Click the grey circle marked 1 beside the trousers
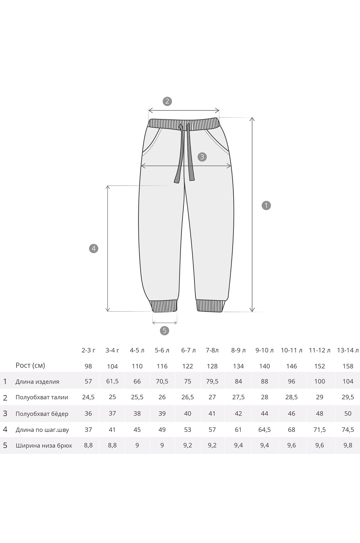click(266, 205)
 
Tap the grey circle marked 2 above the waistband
click(167, 101)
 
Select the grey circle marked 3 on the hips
click(202, 157)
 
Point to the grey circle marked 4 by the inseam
click(94, 248)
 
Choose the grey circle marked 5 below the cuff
click(164, 330)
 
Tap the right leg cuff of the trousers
click(211, 306)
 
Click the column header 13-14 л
click(348, 350)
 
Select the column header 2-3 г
click(88, 350)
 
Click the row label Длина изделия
click(37, 381)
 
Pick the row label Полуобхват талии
click(42, 397)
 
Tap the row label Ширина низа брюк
click(44, 446)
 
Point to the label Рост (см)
click(30, 365)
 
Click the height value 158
click(348, 366)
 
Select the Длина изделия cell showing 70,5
click(162, 381)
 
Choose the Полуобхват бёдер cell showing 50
click(348, 413)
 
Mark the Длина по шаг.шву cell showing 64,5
click(264, 430)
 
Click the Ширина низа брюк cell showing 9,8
click(348, 446)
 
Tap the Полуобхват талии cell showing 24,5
click(88, 397)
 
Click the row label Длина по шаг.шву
click(42, 430)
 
